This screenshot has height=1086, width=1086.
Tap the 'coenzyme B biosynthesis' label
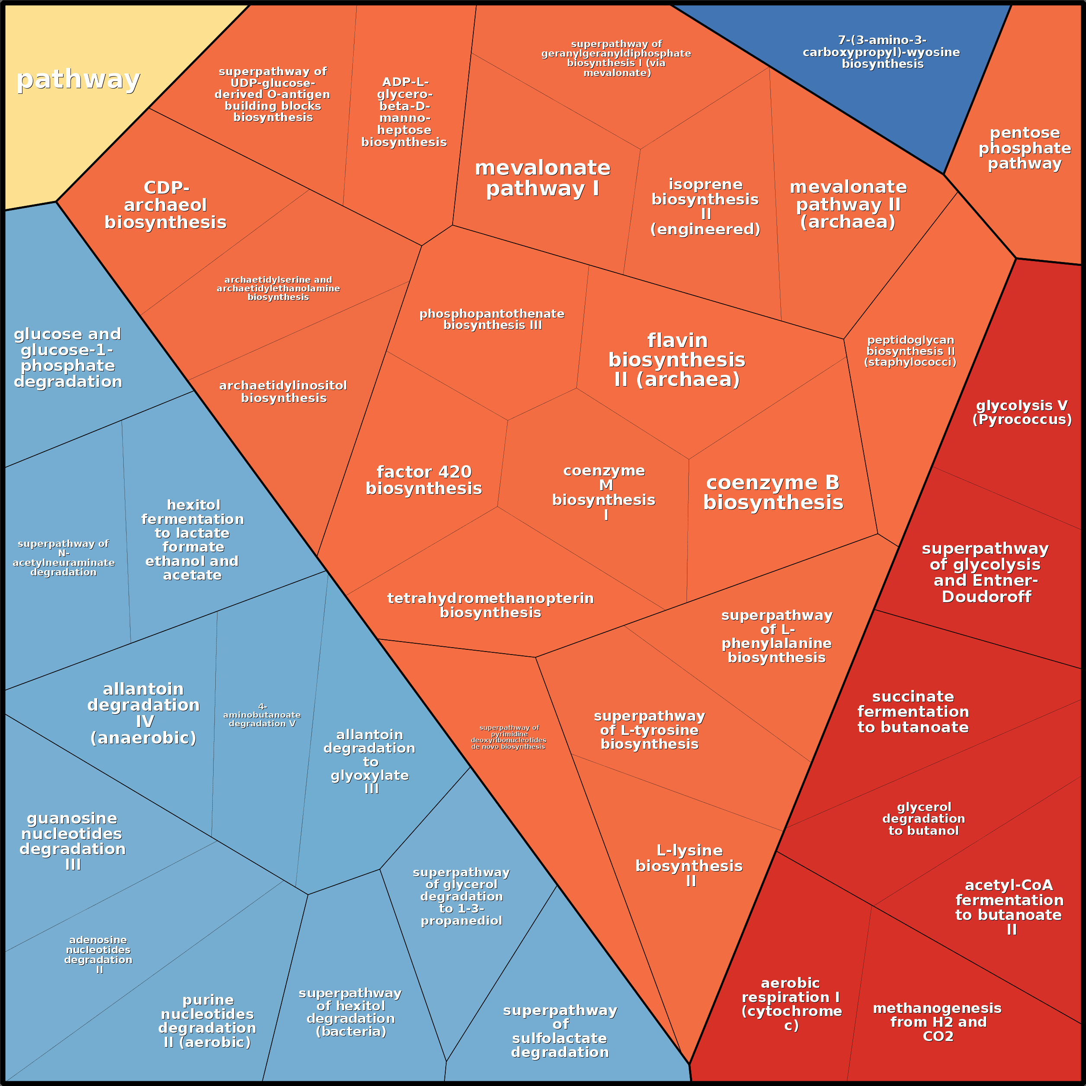(773, 492)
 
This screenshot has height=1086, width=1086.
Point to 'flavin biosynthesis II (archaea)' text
(677, 360)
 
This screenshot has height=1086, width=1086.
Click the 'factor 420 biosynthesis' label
(424, 480)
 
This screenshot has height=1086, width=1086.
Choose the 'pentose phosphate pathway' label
(1024, 148)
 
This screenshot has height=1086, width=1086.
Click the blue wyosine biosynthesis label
(882, 52)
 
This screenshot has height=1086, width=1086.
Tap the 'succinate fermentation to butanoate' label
(913, 712)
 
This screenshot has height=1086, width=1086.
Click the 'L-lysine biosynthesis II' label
(689, 866)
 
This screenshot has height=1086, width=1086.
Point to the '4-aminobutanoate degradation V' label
(262, 715)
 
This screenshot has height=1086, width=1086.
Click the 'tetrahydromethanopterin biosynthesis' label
(490, 605)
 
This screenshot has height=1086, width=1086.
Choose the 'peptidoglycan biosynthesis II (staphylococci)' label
(910, 351)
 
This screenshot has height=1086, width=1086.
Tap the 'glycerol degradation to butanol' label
(923, 818)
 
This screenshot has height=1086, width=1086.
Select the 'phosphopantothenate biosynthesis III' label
(492, 319)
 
